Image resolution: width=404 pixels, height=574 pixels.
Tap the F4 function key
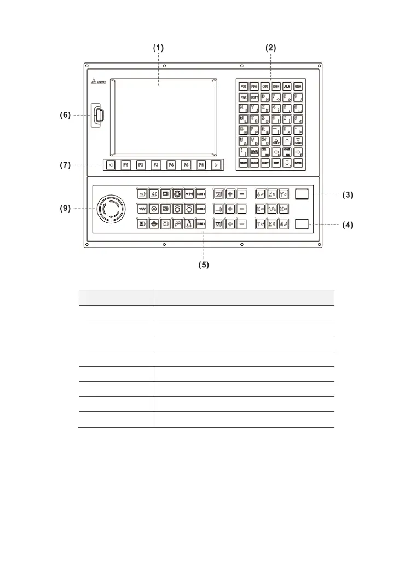tap(171, 164)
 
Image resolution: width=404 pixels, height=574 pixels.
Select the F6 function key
tap(201, 164)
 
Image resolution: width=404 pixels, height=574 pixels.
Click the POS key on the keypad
tap(243, 87)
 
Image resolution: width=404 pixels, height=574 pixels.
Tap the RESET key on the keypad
tap(243, 163)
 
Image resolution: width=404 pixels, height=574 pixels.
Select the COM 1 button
tap(201, 193)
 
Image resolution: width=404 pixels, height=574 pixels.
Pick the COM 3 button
tap(201, 223)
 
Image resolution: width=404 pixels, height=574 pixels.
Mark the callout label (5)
tap(203, 265)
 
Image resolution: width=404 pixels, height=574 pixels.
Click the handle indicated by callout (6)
tap(100, 116)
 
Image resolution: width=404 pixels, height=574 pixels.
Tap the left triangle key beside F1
tap(111, 164)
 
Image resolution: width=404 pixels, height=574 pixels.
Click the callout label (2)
tap(270, 48)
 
